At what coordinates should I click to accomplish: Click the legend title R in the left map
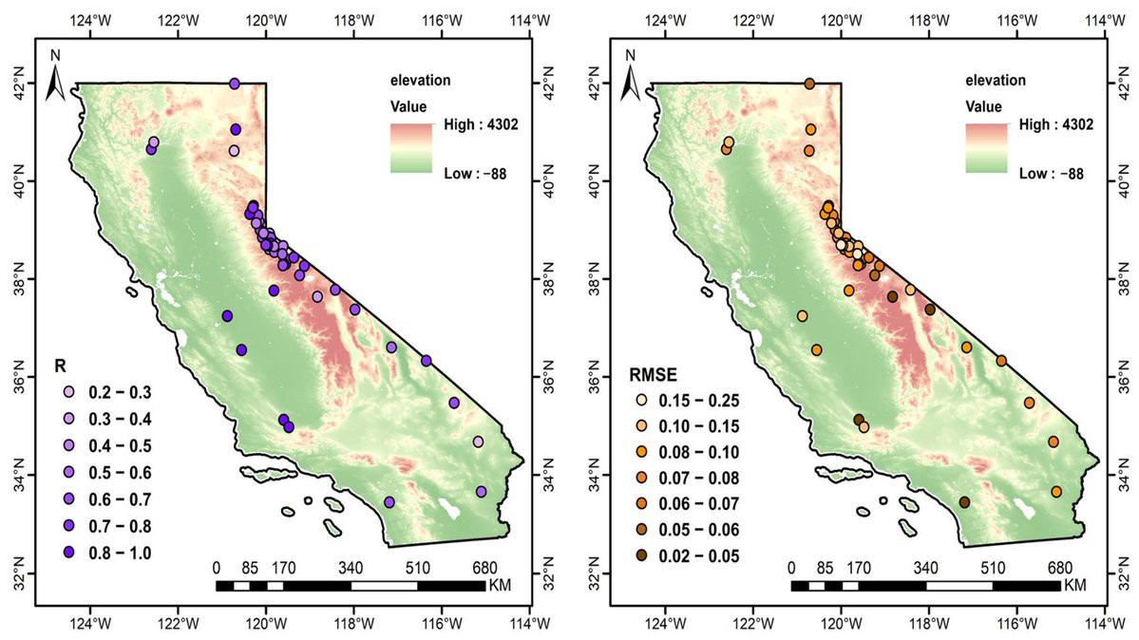pyautogui.click(x=60, y=367)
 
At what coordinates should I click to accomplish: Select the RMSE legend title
pyautogui.click(x=653, y=375)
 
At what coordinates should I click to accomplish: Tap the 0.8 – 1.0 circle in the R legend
pyautogui.click(x=69, y=552)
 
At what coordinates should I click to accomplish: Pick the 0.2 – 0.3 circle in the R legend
pyautogui.click(x=69, y=392)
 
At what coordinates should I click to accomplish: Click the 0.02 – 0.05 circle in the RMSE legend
pyautogui.click(x=642, y=555)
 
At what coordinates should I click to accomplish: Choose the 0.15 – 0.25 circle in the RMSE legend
pyautogui.click(x=642, y=401)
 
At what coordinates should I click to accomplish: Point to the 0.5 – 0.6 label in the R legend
pyautogui.click(x=120, y=473)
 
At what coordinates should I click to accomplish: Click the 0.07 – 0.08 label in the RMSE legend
pyautogui.click(x=699, y=478)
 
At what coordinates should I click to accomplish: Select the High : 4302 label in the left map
pyautogui.click(x=481, y=125)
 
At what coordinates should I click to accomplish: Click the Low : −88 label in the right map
pyautogui.click(x=1051, y=174)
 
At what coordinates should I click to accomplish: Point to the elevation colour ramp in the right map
pyautogui.click(x=986, y=148)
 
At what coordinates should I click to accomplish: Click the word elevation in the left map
pyautogui.click(x=421, y=80)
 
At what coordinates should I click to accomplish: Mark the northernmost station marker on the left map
pyautogui.click(x=234, y=84)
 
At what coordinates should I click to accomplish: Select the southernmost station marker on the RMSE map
pyautogui.click(x=964, y=502)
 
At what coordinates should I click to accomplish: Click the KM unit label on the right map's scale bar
pyautogui.click(x=1075, y=585)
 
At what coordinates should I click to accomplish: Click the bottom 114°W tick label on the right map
pyautogui.click(x=1105, y=623)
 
